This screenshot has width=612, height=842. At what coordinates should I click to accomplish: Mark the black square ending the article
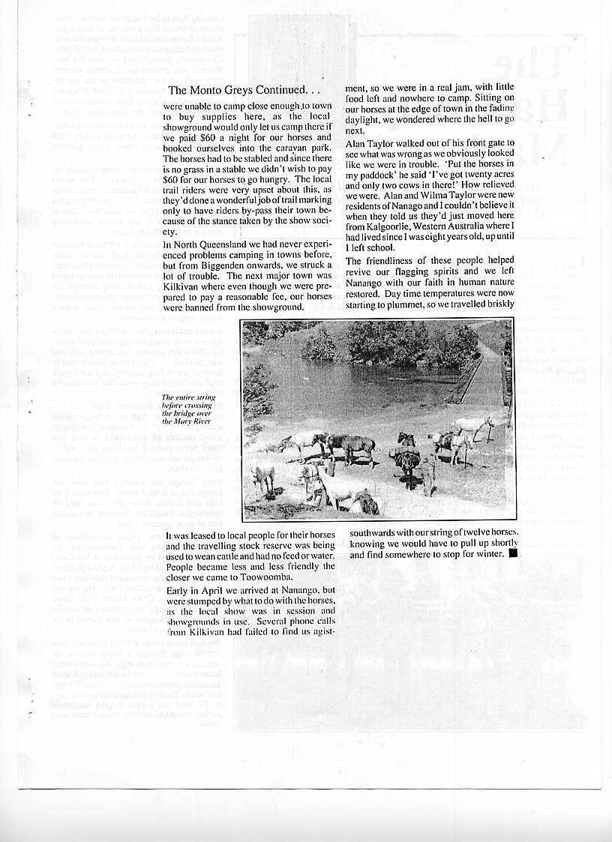click(513, 555)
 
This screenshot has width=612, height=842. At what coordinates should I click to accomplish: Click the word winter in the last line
click(489, 555)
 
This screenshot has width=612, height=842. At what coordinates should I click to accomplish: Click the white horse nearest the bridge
click(472, 424)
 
